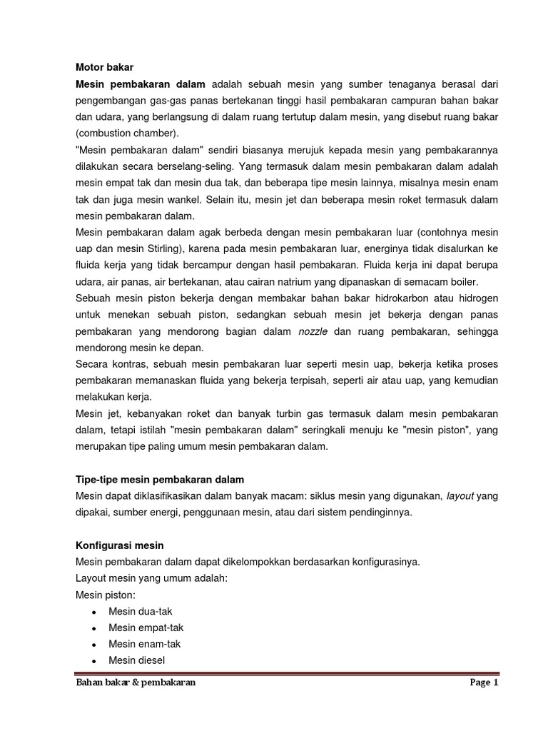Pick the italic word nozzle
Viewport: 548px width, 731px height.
pyautogui.click(x=313, y=331)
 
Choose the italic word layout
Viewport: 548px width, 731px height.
pyautogui.click(x=460, y=495)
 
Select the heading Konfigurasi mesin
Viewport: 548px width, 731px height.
pyautogui.click(x=119, y=545)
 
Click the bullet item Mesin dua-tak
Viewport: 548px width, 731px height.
pyautogui.click(x=140, y=611)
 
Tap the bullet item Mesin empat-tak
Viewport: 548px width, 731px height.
pyautogui.click(x=146, y=627)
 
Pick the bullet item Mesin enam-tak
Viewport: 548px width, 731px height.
pyautogui.click(x=144, y=644)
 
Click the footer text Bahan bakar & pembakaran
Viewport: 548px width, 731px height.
pyautogui.click(x=136, y=683)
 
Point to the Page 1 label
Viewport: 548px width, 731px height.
pyautogui.click(x=484, y=683)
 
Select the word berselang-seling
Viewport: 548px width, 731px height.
pyautogui.click(x=173, y=167)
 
